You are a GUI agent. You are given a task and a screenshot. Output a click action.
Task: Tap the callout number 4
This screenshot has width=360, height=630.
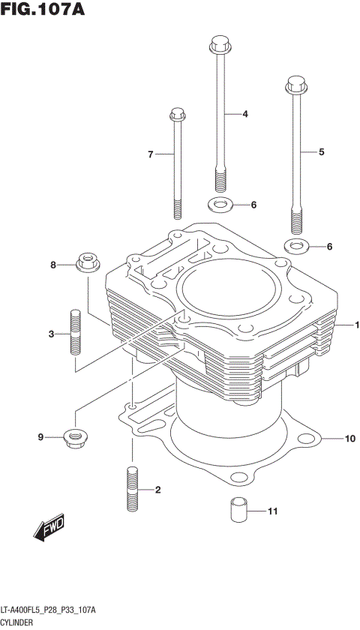tap(244, 115)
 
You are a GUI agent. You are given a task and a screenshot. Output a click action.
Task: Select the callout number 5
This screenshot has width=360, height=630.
tap(321, 152)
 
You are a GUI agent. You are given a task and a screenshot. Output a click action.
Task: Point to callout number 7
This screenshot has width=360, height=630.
tap(150, 154)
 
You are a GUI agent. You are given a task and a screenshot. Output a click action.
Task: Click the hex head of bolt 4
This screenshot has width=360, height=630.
tap(218, 44)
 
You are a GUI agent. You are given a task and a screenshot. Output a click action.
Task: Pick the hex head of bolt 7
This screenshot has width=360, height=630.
tap(178, 115)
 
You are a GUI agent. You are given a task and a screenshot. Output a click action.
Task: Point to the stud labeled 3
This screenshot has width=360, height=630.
tap(75, 333)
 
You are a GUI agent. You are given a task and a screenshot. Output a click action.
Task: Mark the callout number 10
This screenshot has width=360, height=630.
tap(349, 438)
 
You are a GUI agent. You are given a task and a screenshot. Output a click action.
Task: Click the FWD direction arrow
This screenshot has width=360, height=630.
tap(49, 527)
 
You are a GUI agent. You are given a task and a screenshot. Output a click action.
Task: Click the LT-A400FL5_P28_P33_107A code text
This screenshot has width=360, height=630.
tap(48, 611)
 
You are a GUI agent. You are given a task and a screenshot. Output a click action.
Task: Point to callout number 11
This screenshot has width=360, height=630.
tap(272, 511)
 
